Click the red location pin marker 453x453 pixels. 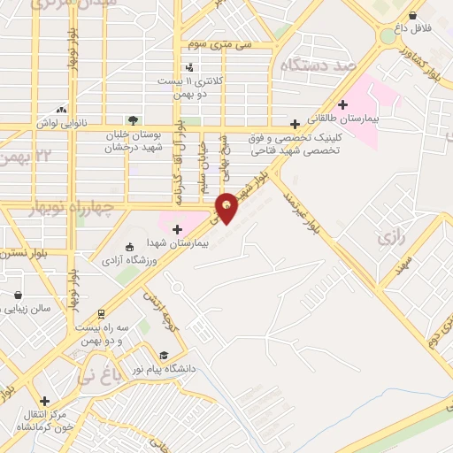pos(226,207)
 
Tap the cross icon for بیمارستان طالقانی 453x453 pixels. pos(342,104)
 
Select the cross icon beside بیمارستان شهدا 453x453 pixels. pos(177,230)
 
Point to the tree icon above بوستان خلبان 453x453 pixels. pos(133,119)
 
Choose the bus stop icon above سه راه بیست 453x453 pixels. pos(102,313)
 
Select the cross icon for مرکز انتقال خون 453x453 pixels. pos(44,401)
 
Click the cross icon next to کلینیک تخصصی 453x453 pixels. pos(295,125)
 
